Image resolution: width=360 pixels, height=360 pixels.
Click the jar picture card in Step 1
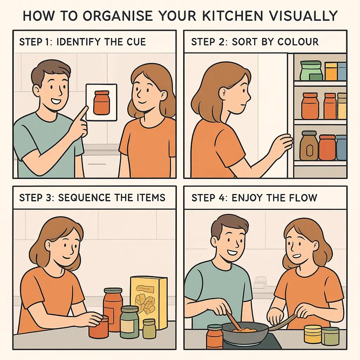pyautogui.click(x=101, y=102)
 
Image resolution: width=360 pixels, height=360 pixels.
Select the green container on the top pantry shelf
pyautogui.click(x=311, y=70)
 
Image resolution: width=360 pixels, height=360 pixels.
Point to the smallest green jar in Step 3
pyautogui.click(x=149, y=328)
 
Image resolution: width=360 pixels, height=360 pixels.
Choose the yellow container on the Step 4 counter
pyautogui.click(x=313, y=334)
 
